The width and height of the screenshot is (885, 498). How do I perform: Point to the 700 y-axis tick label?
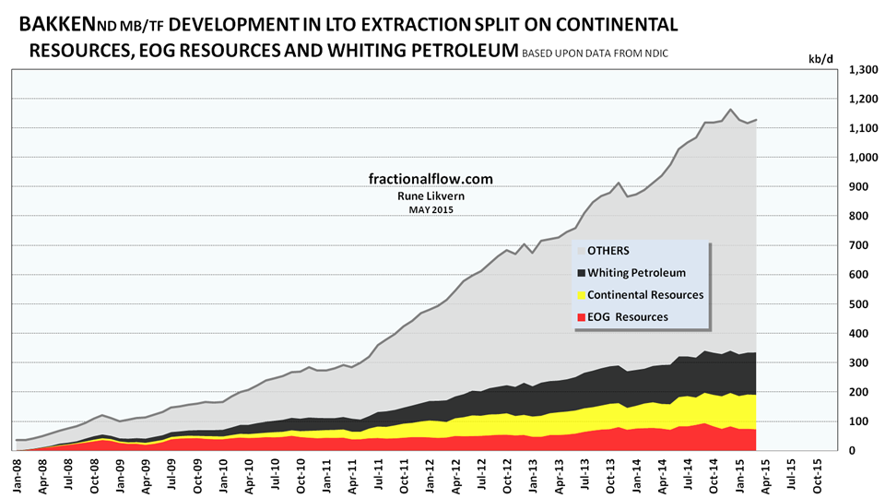click(x=860, y=245)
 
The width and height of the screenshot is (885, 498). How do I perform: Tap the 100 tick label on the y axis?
click(x=860, y=421)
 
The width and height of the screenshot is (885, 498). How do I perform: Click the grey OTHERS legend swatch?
click(x=581, y=250)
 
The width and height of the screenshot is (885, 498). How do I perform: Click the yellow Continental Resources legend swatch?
click(x=581, y=295)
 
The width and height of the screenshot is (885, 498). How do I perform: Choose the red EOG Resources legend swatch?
click(x=581, y=317)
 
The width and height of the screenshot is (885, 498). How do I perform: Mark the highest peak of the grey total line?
click(x=730, y=109)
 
